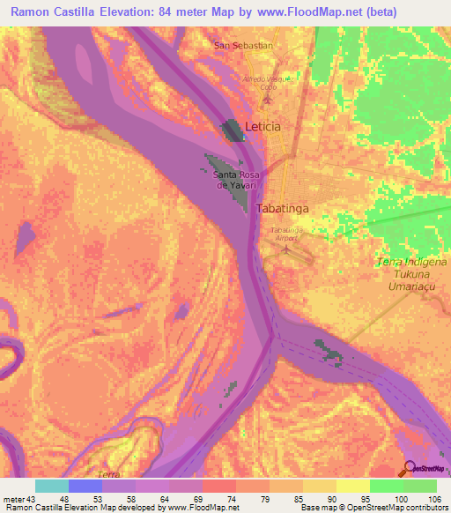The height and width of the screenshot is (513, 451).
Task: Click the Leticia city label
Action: pos(262,127)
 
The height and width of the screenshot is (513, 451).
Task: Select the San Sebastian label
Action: pos(243,44)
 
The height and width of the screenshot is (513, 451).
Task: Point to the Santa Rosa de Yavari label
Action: pos(236,180)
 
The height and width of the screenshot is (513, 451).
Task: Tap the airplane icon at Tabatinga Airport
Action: pos(285,249)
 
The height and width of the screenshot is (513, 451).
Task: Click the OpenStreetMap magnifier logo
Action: pos(410,468)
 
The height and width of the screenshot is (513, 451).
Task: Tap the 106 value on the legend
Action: pos(433,498)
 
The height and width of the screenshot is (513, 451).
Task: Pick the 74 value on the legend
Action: pos(208,498)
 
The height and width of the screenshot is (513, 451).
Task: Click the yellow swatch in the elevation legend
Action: pos(352,486)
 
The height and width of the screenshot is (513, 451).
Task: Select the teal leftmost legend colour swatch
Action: pos(51,486)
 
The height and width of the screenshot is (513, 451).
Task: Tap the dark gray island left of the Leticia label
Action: pos(233,131)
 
